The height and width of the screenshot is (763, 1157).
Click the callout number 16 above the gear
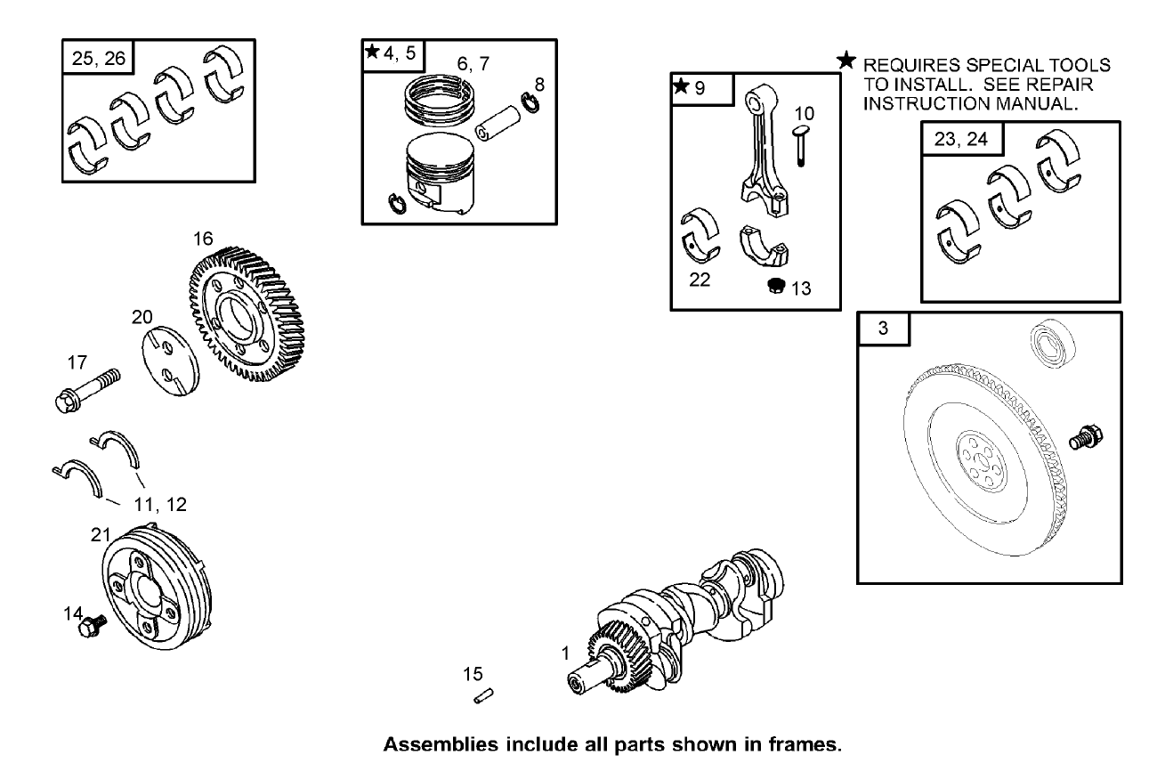[203, 239]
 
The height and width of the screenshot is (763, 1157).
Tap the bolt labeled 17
[90, 388]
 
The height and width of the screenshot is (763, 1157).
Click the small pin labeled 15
[484, 696]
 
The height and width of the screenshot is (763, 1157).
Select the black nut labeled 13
[775, 286]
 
